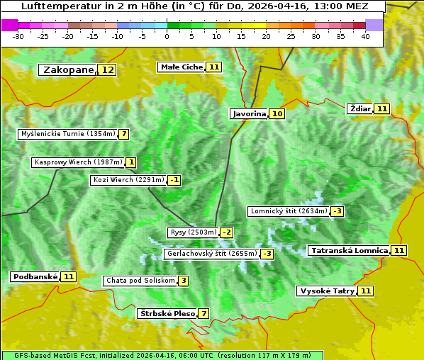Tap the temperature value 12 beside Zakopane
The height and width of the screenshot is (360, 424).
(x=107, y=69)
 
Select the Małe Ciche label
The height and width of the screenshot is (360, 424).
(x=182, y=67)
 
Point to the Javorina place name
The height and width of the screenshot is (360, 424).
(x=249, y=113)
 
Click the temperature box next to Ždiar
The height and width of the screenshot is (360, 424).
(x=382, y=108)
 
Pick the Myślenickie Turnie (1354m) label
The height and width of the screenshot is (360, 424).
(x=67, y=134)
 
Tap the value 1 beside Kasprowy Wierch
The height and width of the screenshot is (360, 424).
(x=131, y=162)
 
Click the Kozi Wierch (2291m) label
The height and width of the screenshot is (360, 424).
(x=128, y=180)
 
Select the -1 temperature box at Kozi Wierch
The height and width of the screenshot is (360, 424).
(x=174, y=180)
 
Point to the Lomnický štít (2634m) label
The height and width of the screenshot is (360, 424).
(x=289, y=211)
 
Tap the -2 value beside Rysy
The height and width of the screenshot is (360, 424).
(x=227, y=232)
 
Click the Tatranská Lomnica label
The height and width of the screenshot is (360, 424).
(x=349, y=250)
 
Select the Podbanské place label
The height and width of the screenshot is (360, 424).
(x=34, y=276)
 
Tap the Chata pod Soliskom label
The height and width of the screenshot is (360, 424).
(x=140, y=281)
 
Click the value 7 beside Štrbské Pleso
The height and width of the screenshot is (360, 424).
(x=204, y=313)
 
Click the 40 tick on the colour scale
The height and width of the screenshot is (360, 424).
(x=365, y=36)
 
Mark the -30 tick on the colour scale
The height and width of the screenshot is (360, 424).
(x=18, y=36)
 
